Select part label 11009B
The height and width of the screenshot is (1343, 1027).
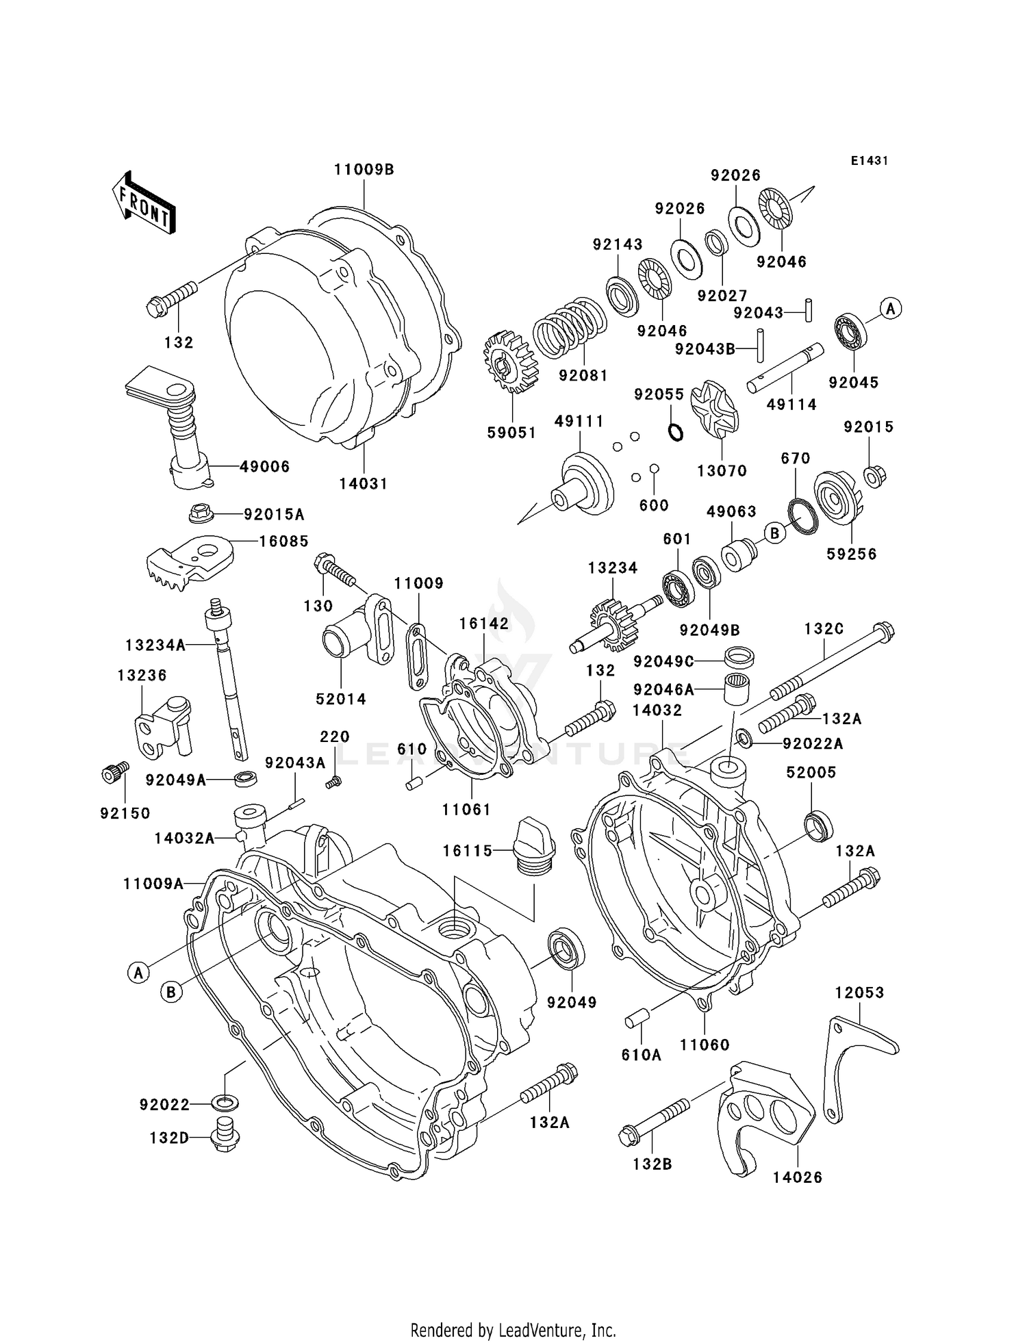point(364,170)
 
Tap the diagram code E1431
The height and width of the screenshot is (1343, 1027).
point(870,160)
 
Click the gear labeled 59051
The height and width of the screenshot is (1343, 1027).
point(510,362)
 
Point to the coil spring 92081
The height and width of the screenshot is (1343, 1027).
point(570,327)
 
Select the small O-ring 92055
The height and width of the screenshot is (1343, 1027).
point(675,432)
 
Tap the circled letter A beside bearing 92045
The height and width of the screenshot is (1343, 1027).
point(890,309)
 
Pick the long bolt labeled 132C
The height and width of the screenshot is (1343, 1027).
point(832,663)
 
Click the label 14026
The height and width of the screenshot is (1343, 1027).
point(798,1177)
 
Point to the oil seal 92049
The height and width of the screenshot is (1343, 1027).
point(566,948)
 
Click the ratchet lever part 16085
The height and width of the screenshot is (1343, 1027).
point(188,558)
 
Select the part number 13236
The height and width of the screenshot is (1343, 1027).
point(142,675)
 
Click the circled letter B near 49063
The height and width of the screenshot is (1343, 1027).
point(774,533)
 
